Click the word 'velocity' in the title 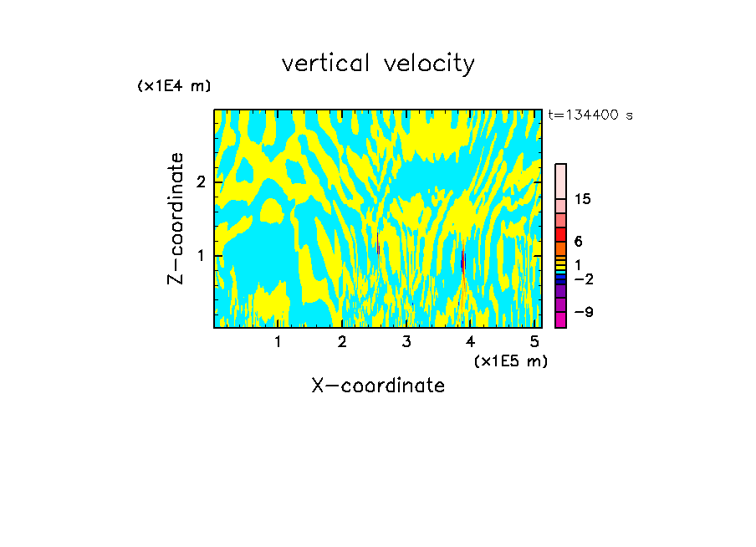coord(432,64)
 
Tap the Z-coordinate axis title coord(176,218)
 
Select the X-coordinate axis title coord(378,386)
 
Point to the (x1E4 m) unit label coord(174,86)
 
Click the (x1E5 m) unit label coord(510,360)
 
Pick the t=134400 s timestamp coord(590,115)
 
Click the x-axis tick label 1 coord(278,341)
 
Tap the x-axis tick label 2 coord(342,341)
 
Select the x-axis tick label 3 coord(406,341)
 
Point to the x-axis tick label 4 coord(471,341)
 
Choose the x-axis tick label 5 coord(534,341)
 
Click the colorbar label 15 coord(583,199)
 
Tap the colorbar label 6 coord(578,242)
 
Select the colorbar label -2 coord(583,279)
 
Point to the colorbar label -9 coord(583,312)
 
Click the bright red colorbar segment coord(560,234)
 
